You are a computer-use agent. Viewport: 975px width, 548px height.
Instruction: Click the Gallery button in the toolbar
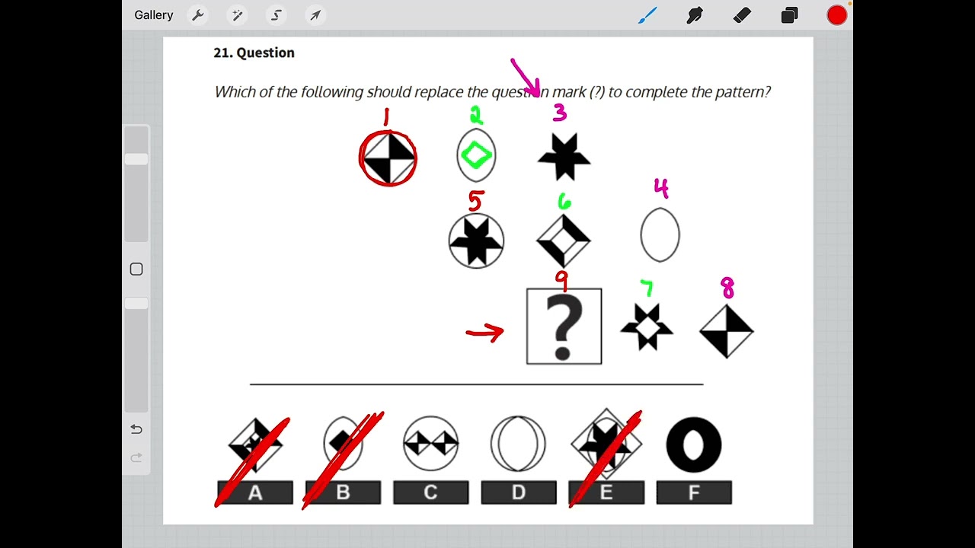coord(153,15)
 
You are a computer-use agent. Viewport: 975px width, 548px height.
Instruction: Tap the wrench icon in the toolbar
coord(197,15)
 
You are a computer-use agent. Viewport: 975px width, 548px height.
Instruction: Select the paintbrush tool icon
coord(647,15)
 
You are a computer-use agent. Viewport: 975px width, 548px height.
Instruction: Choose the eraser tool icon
coord(742,15)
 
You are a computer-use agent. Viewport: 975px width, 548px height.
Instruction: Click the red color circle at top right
coord(836,15)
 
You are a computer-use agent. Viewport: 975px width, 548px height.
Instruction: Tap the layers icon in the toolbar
coord(789,15)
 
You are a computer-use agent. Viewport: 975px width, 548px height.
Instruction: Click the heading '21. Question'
coord(254,53)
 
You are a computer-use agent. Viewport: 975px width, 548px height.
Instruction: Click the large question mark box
coord(564,326)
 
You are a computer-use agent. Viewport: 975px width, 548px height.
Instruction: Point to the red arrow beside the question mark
coord(484,333)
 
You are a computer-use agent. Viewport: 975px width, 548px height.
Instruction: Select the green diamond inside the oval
coord(476,155)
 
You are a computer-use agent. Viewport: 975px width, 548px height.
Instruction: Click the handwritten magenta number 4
coord(660,187)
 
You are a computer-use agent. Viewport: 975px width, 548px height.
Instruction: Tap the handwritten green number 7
coord(647,288)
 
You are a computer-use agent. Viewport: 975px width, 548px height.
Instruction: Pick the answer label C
coord(430,492)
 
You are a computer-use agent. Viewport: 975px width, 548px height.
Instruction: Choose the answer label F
coord(694,492)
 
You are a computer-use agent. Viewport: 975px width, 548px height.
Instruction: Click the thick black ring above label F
coord(694,444)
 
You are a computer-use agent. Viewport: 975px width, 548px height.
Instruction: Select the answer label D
coord(518,492)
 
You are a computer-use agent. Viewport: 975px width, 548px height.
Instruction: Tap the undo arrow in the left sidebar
coord(136,429)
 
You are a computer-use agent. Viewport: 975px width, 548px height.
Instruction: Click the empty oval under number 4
coord(660,235)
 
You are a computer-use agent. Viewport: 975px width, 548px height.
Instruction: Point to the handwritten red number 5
coord(476,201)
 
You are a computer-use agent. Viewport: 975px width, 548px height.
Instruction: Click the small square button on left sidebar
coord(136,269)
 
